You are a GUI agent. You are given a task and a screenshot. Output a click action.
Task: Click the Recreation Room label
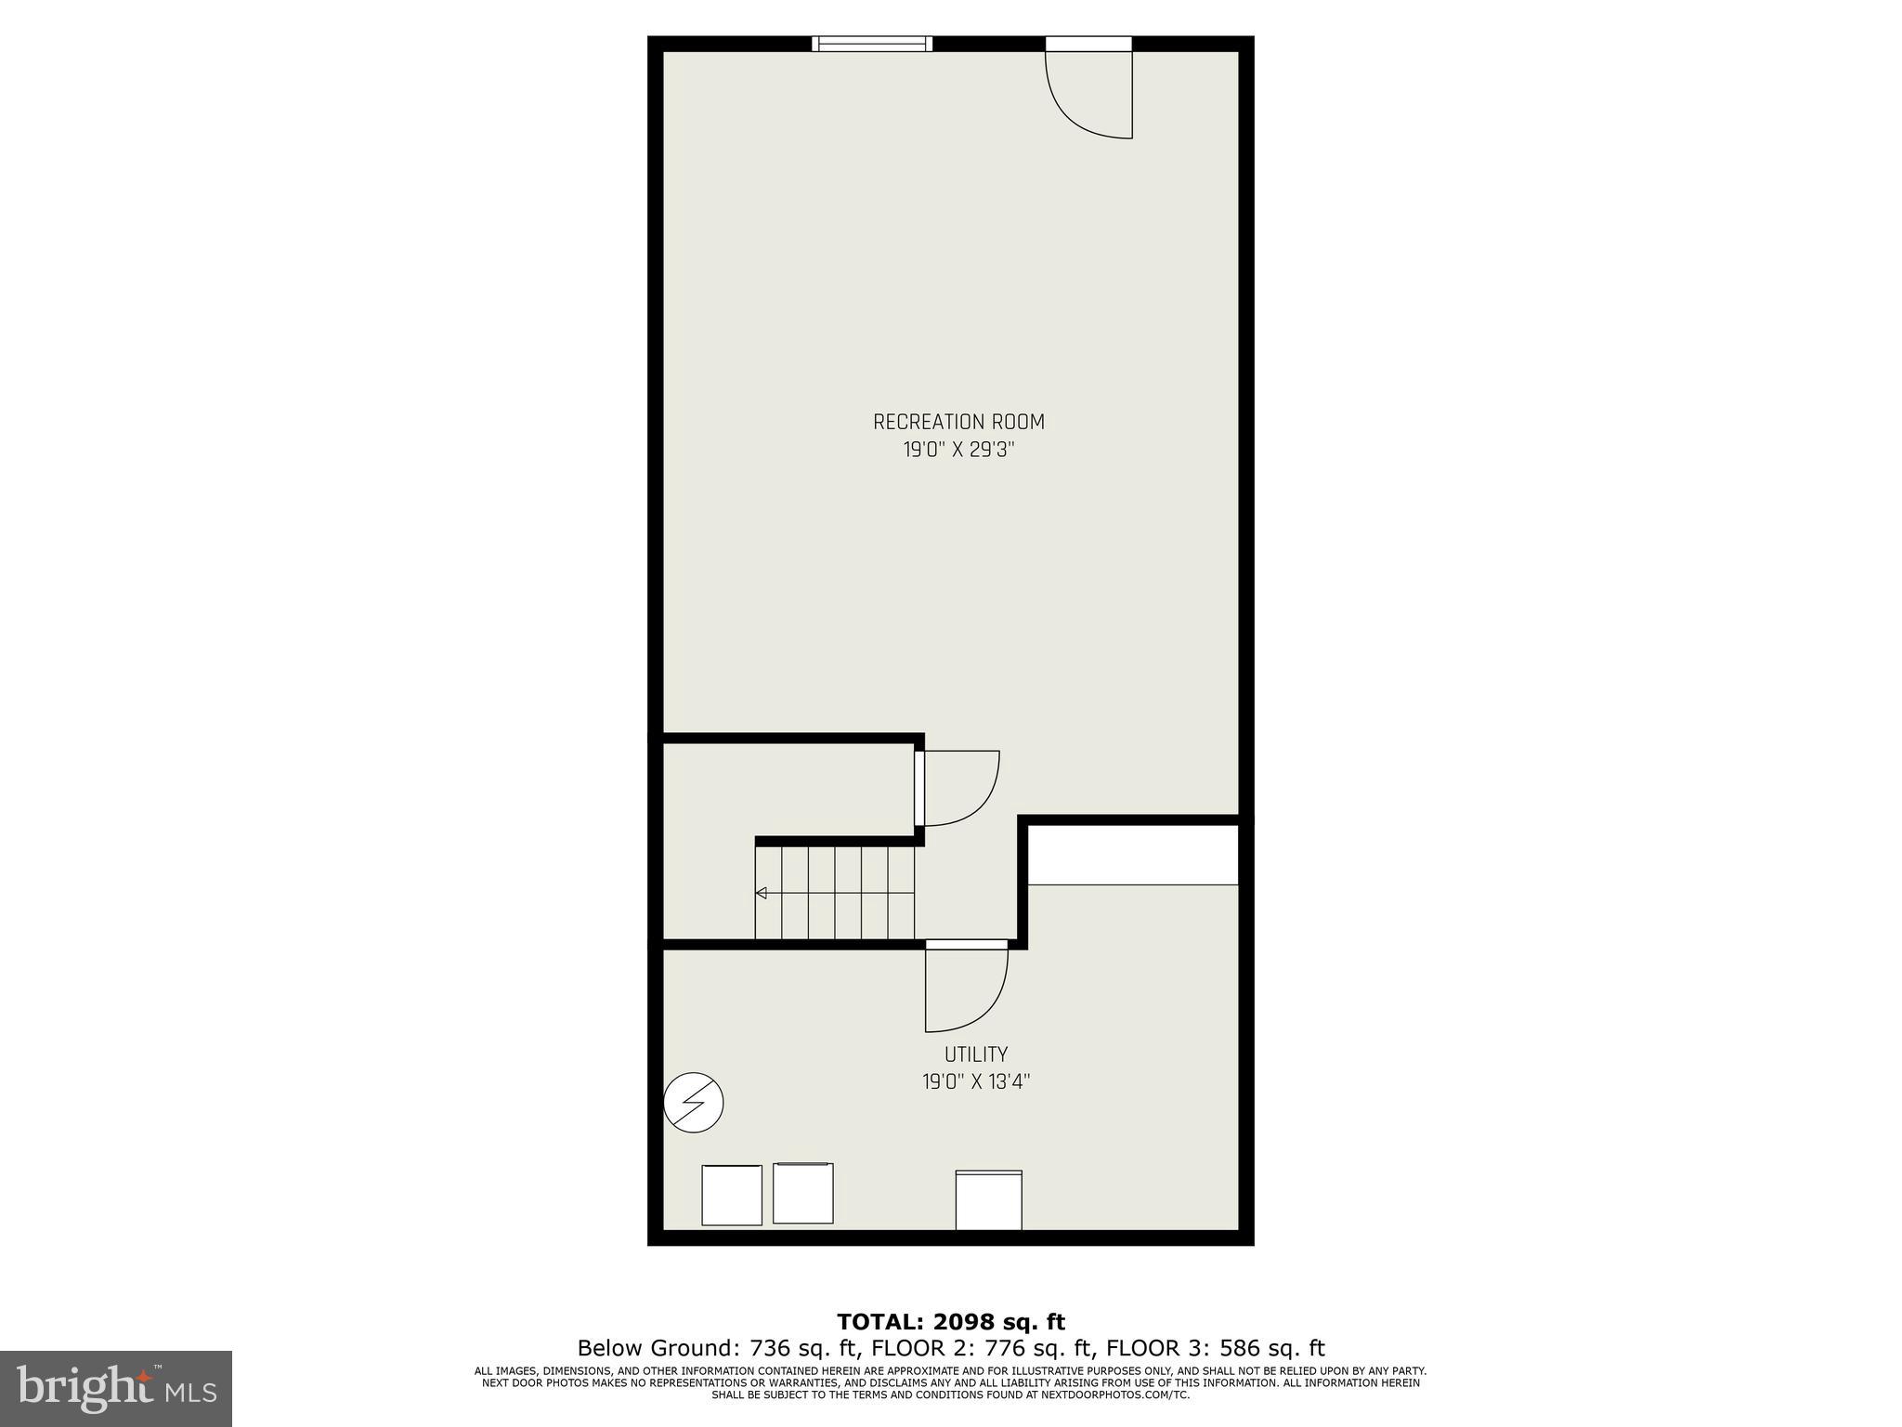click(x=958, y=422)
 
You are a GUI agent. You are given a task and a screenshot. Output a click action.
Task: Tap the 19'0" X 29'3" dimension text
click(x=958, y=451)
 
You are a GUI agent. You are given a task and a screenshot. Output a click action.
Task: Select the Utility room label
click(x=976, y=1054)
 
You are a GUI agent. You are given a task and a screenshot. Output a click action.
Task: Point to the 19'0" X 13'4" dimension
click(x=976, y=1082)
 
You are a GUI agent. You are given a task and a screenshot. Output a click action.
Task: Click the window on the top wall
click(x=871, y=44)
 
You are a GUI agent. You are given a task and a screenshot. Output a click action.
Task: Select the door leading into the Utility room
click(x=966, y=987)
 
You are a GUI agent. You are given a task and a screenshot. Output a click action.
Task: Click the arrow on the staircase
click(x=762, y=893)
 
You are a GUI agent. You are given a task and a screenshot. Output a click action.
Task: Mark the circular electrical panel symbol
click(x=694, y=1103)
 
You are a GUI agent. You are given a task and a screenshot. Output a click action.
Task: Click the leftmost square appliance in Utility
click(x=732, y=1195)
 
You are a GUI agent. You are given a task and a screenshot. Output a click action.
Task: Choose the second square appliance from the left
click(x=803, y=1193)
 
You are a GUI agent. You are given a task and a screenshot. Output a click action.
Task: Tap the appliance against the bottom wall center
click(x=989, y=1200)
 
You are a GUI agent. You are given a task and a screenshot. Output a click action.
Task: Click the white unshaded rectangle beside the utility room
click(x=1133, y=854)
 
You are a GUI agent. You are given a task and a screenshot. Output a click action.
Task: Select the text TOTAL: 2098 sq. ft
click(x=951, y=1322)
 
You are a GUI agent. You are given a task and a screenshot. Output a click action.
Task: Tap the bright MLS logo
click(x=116, y=1389)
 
